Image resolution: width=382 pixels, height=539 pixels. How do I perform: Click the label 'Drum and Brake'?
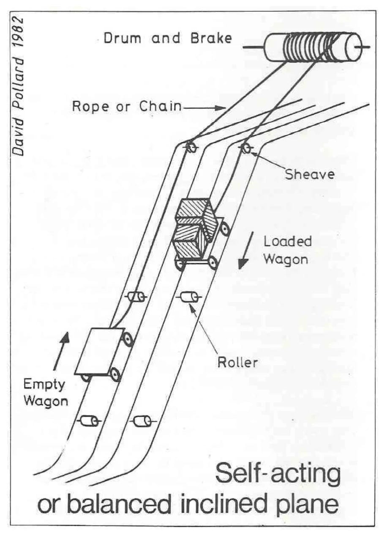point(168,38)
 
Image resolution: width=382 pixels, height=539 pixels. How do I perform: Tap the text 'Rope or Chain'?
point(127,106)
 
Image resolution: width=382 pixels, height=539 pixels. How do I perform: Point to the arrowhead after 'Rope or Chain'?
point(220,108)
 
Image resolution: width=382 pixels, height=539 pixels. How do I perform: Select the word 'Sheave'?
point(309,174)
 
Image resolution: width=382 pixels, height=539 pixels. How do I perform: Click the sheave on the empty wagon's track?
point(191,147)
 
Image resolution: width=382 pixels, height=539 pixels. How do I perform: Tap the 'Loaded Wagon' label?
point(287,250)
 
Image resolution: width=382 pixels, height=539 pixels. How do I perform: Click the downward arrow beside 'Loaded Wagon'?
point(246,250)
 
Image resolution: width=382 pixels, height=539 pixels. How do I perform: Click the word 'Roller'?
point(237,363)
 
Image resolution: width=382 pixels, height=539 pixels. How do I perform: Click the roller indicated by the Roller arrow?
point(189,297)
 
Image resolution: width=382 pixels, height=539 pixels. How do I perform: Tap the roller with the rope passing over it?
point(136,297)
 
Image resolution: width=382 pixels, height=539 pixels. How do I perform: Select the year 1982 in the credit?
point(18,32)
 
